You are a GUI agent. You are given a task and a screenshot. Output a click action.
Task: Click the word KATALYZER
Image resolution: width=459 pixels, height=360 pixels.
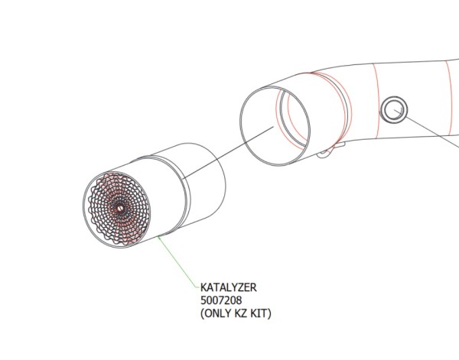228,287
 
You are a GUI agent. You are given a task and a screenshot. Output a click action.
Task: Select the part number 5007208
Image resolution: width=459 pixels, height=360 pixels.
222,300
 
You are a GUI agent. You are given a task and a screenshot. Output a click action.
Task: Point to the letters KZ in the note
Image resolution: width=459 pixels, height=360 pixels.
243,313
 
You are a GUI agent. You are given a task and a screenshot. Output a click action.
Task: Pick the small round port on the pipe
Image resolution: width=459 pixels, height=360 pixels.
395,110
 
